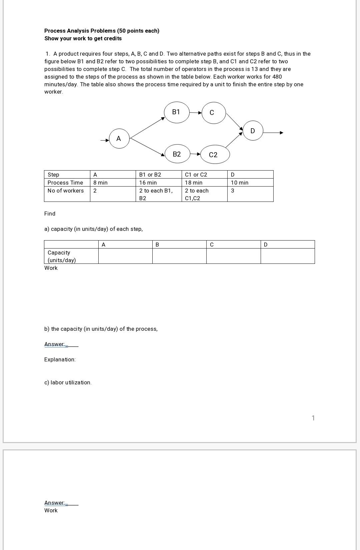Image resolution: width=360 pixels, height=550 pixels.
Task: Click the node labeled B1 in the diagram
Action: point(177,112)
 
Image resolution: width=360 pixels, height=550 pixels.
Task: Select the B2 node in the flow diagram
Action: point(177,154)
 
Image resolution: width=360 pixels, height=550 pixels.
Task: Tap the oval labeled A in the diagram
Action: point(119,138)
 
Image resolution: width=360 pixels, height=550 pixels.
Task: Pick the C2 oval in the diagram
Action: point(215,155)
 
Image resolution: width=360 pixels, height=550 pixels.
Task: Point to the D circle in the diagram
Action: point(253,131)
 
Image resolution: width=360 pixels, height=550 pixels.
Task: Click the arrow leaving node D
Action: point(273,133)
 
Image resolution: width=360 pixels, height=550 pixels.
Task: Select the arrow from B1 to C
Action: point(196,113)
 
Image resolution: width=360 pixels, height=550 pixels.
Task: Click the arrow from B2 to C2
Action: point(195,154)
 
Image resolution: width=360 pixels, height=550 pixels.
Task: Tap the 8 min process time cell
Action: point(100,183)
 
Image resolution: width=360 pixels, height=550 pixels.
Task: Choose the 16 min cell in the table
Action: point(148,183)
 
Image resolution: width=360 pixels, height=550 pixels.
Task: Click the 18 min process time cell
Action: point(194,183)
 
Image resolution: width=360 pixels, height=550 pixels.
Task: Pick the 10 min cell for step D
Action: point(240,183)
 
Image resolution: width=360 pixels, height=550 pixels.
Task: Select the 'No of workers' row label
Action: point(66,191)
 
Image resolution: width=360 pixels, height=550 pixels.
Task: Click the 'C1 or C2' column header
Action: point(196,175)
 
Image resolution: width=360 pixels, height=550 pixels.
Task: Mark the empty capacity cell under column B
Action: point(179,256)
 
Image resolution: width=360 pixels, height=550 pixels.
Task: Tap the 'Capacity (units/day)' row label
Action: point(62,256)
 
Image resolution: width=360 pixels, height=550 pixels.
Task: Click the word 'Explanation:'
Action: point(60,359)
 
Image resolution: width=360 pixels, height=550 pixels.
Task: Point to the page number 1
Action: point(313,418)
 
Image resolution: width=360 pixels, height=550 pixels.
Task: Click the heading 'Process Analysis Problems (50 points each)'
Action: point(102,31)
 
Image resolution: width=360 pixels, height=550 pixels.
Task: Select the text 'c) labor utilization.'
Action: point(68,382)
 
